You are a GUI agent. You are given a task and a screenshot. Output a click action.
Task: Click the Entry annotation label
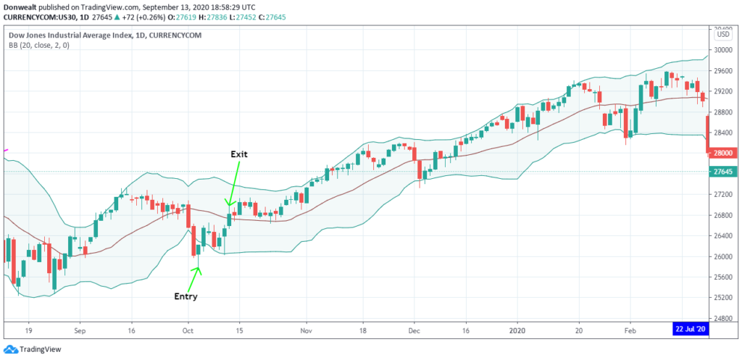click(185, 296)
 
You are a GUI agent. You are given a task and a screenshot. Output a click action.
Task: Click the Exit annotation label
click(239, 154)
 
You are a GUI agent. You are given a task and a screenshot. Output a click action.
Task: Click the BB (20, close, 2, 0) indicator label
click(41, 44)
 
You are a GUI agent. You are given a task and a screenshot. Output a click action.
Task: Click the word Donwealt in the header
click(22, 5)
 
